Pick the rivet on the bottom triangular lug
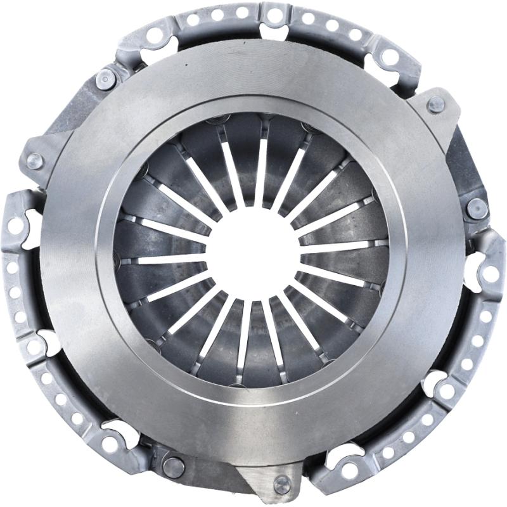(x=281, y=485)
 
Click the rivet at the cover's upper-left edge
(x=105, y=80)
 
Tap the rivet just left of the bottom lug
(x=173, y=467)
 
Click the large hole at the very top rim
(x=274, y=14)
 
